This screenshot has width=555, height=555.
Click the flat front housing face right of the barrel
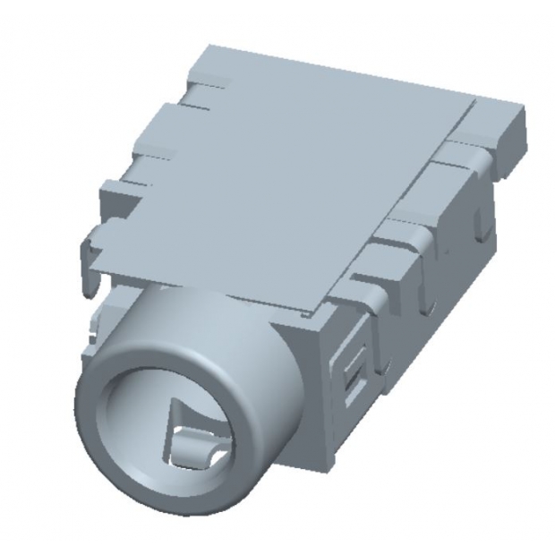pos(304,394)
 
